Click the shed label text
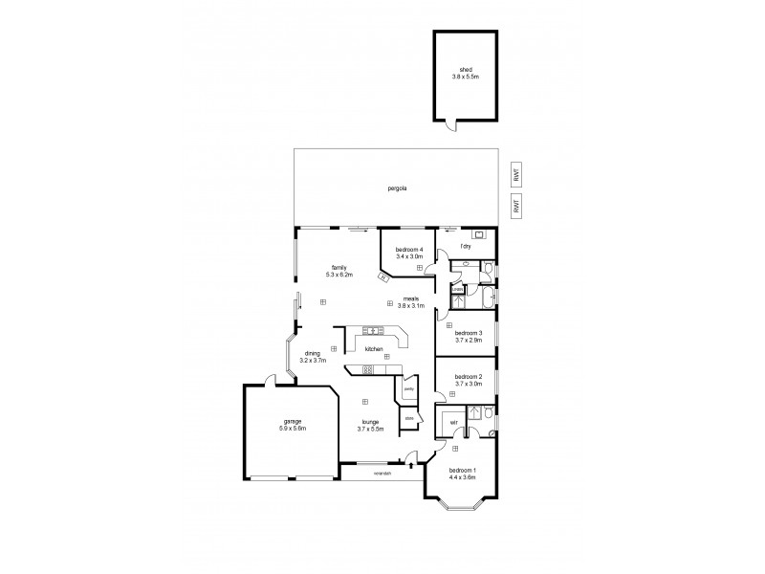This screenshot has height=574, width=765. click(x=466, y=69)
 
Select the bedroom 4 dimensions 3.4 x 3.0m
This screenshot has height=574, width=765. click(x=409, y=256)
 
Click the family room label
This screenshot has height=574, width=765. click(x=339, y=267)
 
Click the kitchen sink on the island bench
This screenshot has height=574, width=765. click(x=377, y=330)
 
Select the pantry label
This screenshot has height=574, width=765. click(x=408, y=389)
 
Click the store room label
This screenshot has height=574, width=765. click(x=408, y=418)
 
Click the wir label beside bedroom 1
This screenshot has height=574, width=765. click(x=452, y=422)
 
